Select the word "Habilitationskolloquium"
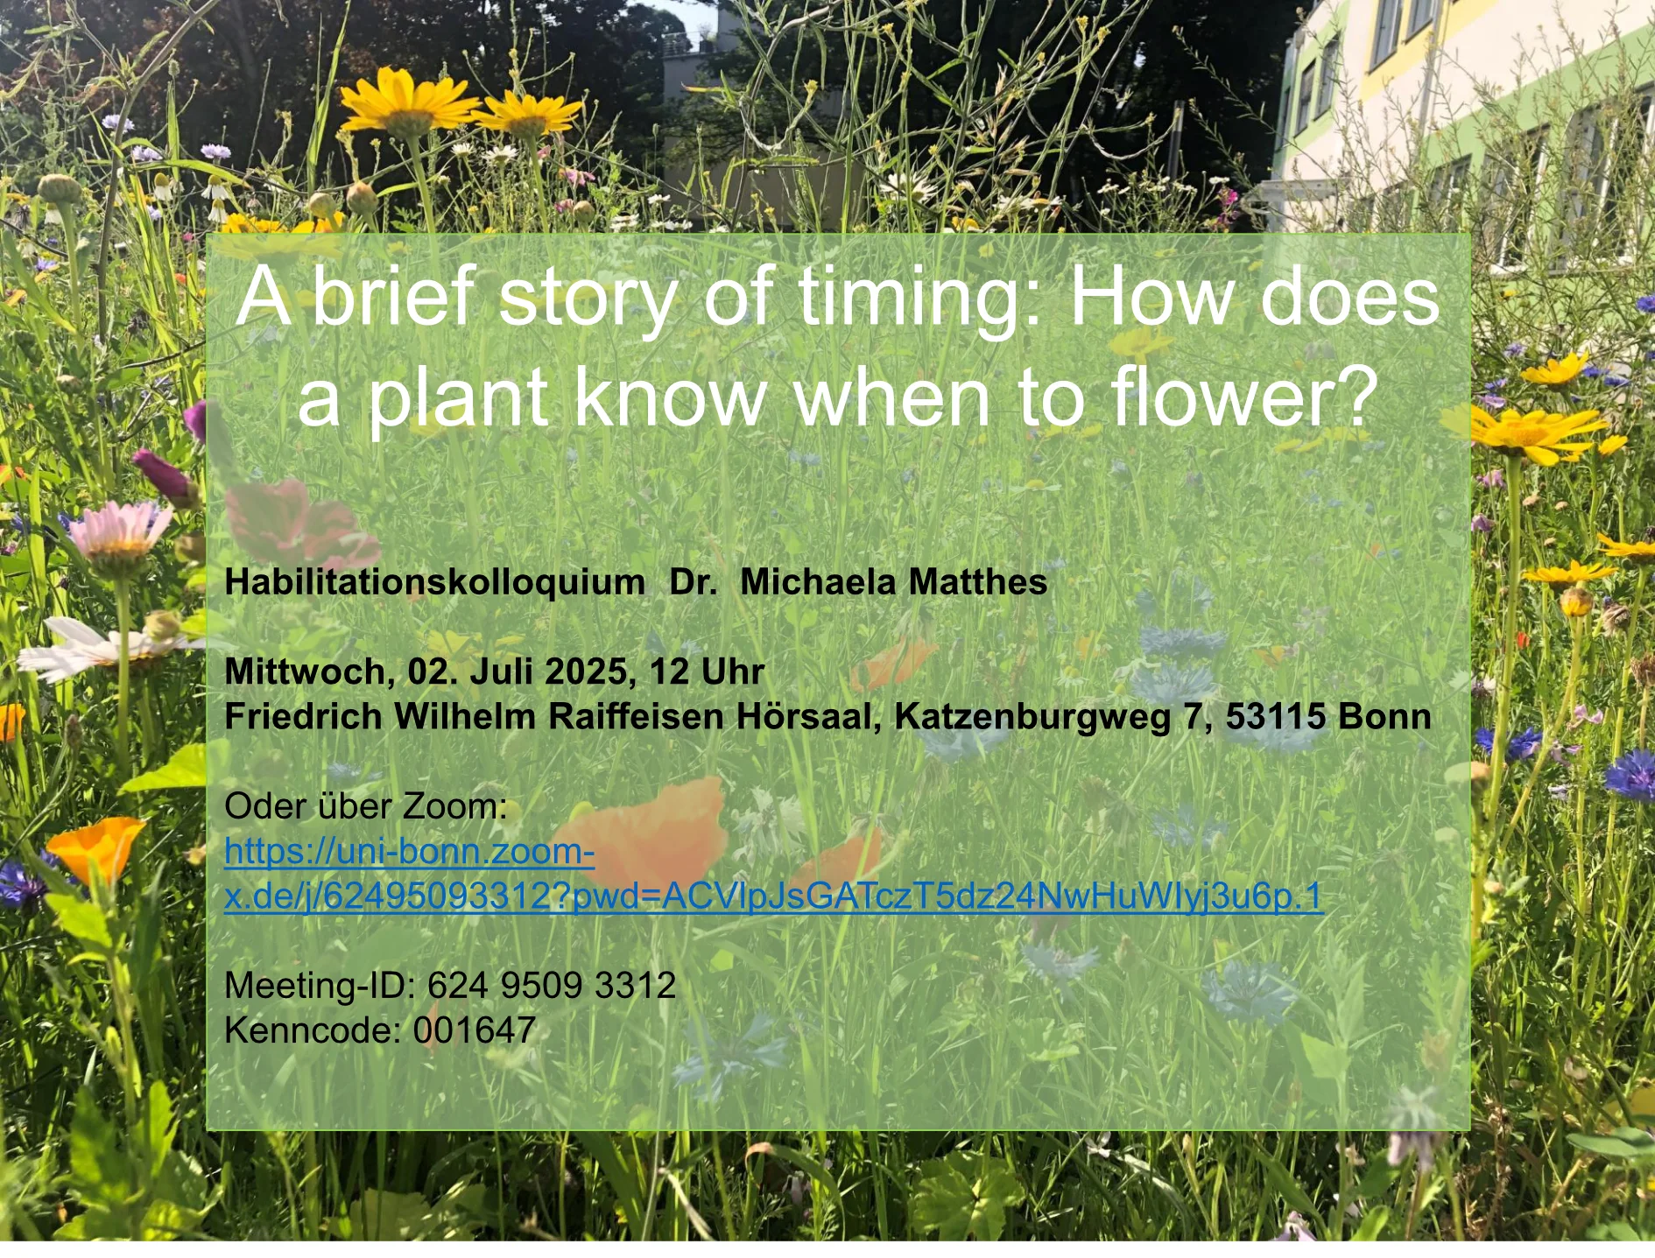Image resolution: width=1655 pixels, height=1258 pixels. point(434,582)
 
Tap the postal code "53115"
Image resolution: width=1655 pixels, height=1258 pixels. point(1275,717)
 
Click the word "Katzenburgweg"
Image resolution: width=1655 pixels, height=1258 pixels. point(1032,717)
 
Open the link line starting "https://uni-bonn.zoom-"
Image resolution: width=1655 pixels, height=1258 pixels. point(410,852)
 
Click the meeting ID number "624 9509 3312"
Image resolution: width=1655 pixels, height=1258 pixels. point(552,986)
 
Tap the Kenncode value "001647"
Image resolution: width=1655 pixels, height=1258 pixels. point(475,1030)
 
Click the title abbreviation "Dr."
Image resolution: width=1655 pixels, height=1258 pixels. point(693,582)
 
